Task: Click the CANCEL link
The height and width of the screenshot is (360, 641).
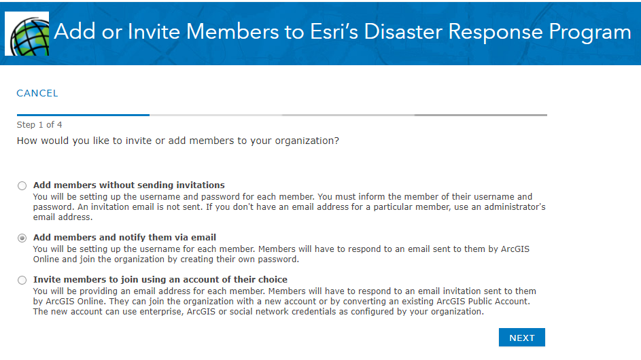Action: pyautogui.click(x=37, y=93)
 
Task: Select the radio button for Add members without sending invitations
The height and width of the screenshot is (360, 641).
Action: pyautogui.click(x=22, y=186)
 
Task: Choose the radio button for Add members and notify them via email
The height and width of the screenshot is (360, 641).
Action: pyautogui.click(x=22, y=238)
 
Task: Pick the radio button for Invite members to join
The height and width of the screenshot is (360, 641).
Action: pyautogui.click(x=22, y=280)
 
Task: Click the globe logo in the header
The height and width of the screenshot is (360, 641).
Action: pyautogui.click(x=27, y=33)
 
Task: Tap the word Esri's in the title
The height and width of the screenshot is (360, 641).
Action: pyautogui.click(x=334, y=32)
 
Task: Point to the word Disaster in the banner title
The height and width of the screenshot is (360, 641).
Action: pyautogui.click(x=402, y=32)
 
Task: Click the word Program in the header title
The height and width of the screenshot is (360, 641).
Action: pyautogui.click(x=590, y=33)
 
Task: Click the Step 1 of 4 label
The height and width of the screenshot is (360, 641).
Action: pyautogui.click(x=39, y=124)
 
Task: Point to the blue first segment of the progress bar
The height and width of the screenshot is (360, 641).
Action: pyautogui.click(x=83, y=115)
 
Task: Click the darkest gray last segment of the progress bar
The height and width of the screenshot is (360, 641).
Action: pyautogui.click(x=481, y=115)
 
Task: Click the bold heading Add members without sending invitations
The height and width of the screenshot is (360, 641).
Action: pyautogui.click(x=128, y=185)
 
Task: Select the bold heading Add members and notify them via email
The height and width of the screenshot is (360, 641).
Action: pyautogui.click(x=124, y=238)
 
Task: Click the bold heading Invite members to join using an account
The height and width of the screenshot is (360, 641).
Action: pyautogui.click(x=160, y=279)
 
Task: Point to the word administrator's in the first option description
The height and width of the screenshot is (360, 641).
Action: pyautogui.click(x=515, y=207)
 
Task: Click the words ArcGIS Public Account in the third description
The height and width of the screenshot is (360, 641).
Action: pyautogui.click(x=483, y=302)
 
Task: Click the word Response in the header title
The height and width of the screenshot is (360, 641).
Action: pyautogui.click(x=495, y=33)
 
